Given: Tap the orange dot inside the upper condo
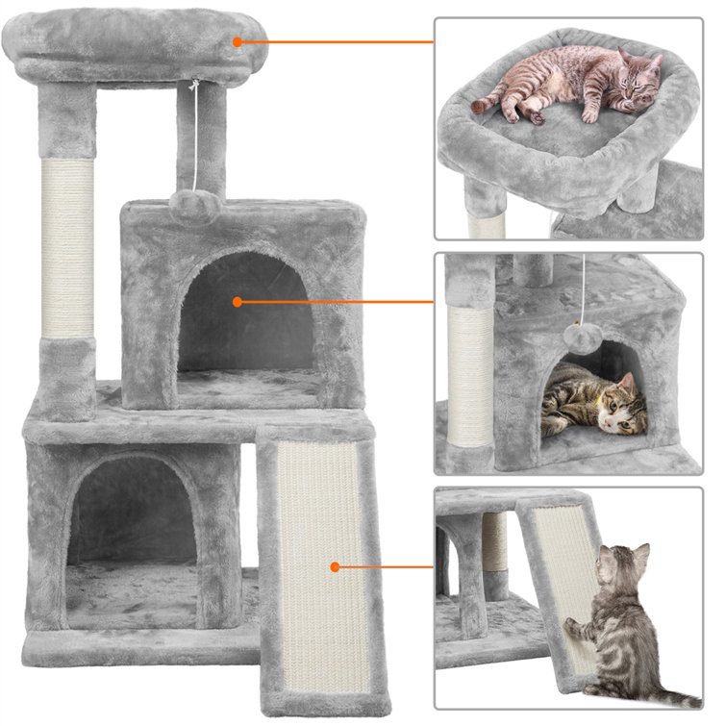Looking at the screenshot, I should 238,302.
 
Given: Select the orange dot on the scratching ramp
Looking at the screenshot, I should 335,567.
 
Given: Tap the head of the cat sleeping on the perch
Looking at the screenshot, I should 640,72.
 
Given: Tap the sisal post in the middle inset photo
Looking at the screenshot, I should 469,375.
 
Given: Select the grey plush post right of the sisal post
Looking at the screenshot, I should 200,144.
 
